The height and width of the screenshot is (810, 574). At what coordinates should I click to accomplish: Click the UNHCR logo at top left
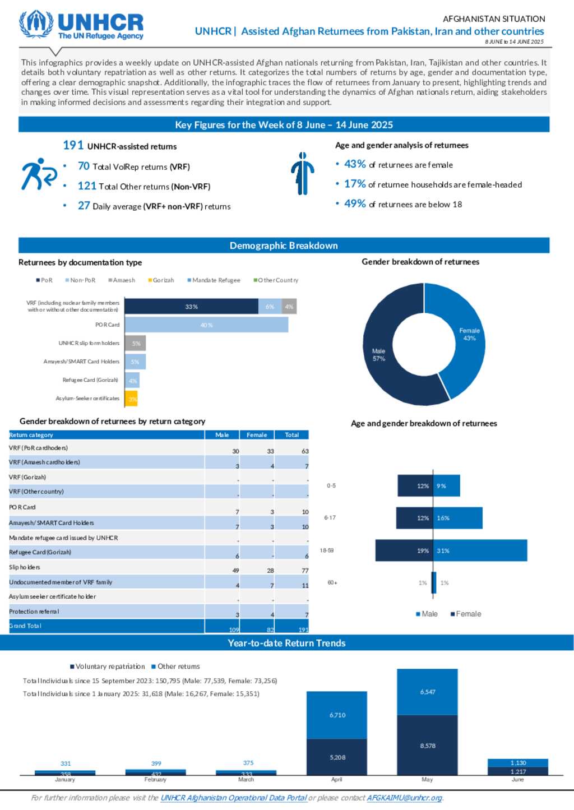pos(82,26)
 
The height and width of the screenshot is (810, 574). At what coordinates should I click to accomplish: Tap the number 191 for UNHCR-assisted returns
pos(73,146)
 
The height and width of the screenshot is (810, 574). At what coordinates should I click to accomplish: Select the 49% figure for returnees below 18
pos(355,204)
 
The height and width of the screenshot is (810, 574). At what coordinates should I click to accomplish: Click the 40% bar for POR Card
pos(206,325)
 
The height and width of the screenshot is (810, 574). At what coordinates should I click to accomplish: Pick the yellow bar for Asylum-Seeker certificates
pos(132,399)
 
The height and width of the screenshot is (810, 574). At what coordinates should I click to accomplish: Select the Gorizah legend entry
pos(161,280)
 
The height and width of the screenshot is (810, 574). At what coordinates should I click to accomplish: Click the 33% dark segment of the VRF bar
pos(191,307)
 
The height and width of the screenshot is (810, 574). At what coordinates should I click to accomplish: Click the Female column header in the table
pos(257,435)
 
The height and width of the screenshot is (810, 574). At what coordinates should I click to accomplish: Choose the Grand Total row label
pos(26,626)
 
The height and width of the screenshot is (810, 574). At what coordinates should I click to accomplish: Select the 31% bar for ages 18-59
pos(481,551)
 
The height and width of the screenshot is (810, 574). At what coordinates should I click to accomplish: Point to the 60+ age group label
pos(332,583)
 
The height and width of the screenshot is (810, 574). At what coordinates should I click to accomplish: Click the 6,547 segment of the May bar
pos(427,692)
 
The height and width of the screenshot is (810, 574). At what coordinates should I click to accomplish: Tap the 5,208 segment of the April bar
pos(337,757)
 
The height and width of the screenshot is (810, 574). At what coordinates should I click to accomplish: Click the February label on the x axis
pos(155,780)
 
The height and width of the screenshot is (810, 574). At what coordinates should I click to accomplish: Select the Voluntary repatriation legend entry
pos(108,666)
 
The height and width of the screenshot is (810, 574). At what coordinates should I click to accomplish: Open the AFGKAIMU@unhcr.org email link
pos(404,798)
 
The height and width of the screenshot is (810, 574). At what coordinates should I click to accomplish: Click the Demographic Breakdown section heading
pos(284,246)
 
